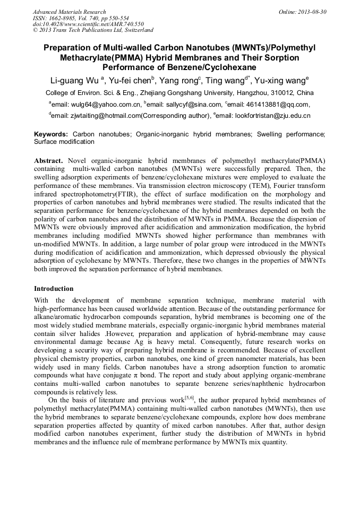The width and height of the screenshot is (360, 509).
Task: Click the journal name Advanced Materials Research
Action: tap(69, 12)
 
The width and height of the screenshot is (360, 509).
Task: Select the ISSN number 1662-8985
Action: tap(63, 18)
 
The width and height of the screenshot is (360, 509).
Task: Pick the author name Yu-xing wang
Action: tap(282, 81)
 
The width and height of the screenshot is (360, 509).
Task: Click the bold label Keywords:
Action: tap(51, 135)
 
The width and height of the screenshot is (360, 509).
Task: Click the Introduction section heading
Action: tap(54, 289)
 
